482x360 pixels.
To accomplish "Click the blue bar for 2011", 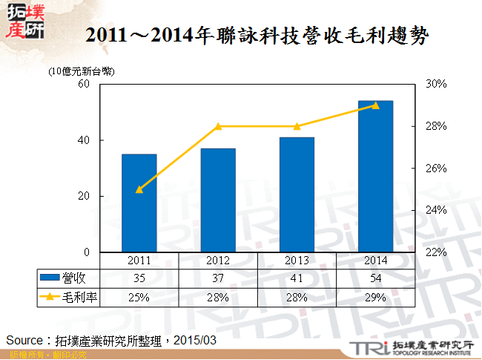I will (x=139, y=203).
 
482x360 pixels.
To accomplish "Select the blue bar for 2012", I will (x=218, y=200).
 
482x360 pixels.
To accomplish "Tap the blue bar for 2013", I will (x=297, y=195).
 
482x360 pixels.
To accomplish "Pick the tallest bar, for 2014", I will (x=375, y=177).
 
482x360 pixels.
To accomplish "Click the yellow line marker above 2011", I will (x=139, y=189).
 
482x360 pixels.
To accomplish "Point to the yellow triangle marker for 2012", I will (x=218, y=127).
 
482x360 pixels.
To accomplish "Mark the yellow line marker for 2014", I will (x=375, y=105).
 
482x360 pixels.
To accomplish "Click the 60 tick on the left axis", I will (x=84, y=85).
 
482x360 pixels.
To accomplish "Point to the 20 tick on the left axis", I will (x=84, y=197).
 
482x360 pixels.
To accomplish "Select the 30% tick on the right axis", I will (x=436, y=85).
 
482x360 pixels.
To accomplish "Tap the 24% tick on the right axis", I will (x=436, y=211).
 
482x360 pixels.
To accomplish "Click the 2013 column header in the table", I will (x=297, y=261).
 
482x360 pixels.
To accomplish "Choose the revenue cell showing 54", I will (x=375, y=278).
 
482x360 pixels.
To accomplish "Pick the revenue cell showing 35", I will (x=139, y=278).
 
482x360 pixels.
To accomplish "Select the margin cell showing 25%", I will (x=139, y=297).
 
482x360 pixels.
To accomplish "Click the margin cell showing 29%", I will (x=375, y=297).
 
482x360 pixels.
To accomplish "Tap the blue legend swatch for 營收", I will (x=50, y=278).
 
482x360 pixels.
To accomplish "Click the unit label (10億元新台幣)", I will (x=82, y=72).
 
